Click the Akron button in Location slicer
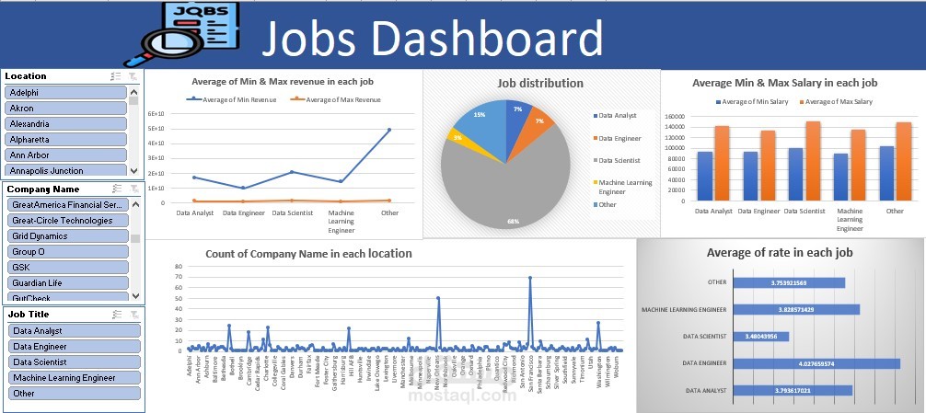pos(64,109)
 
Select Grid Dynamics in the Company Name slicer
pos(64,236)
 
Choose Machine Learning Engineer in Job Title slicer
pos(74,378)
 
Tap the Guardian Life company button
pos(64,282)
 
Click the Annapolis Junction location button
pos(64,170)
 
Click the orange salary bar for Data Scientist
pos(813,161)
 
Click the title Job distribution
pos(540,83)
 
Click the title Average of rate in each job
pos(780,253)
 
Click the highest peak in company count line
pos(530,278)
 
